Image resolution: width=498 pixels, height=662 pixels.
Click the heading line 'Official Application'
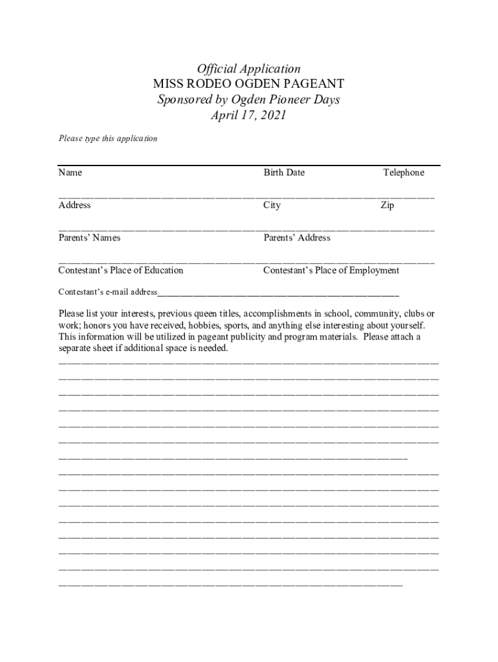click(248, 69)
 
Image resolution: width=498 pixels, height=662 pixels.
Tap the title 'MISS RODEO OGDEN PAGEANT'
click(248, 84)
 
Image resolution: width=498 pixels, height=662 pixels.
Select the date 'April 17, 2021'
click(248, 116)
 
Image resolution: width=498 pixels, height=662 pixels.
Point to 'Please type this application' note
click(108, 138)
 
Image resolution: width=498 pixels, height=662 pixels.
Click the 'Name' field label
click(70, 173)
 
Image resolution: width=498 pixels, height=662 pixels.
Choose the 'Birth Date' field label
click(284, 173)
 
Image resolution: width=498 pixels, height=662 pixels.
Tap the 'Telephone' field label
click(404, 173)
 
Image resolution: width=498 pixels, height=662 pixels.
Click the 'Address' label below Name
click(74, 205)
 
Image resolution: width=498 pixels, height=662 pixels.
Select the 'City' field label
click(272, 205)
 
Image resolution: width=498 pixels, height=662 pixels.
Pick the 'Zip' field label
click(387, 205)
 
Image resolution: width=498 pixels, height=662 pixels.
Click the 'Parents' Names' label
click(89, 238)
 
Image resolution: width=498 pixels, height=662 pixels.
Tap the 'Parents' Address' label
click(297, 238)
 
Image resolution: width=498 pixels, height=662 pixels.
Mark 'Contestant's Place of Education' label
click(121, 270)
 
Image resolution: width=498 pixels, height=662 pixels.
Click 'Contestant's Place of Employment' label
click(331, 270)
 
